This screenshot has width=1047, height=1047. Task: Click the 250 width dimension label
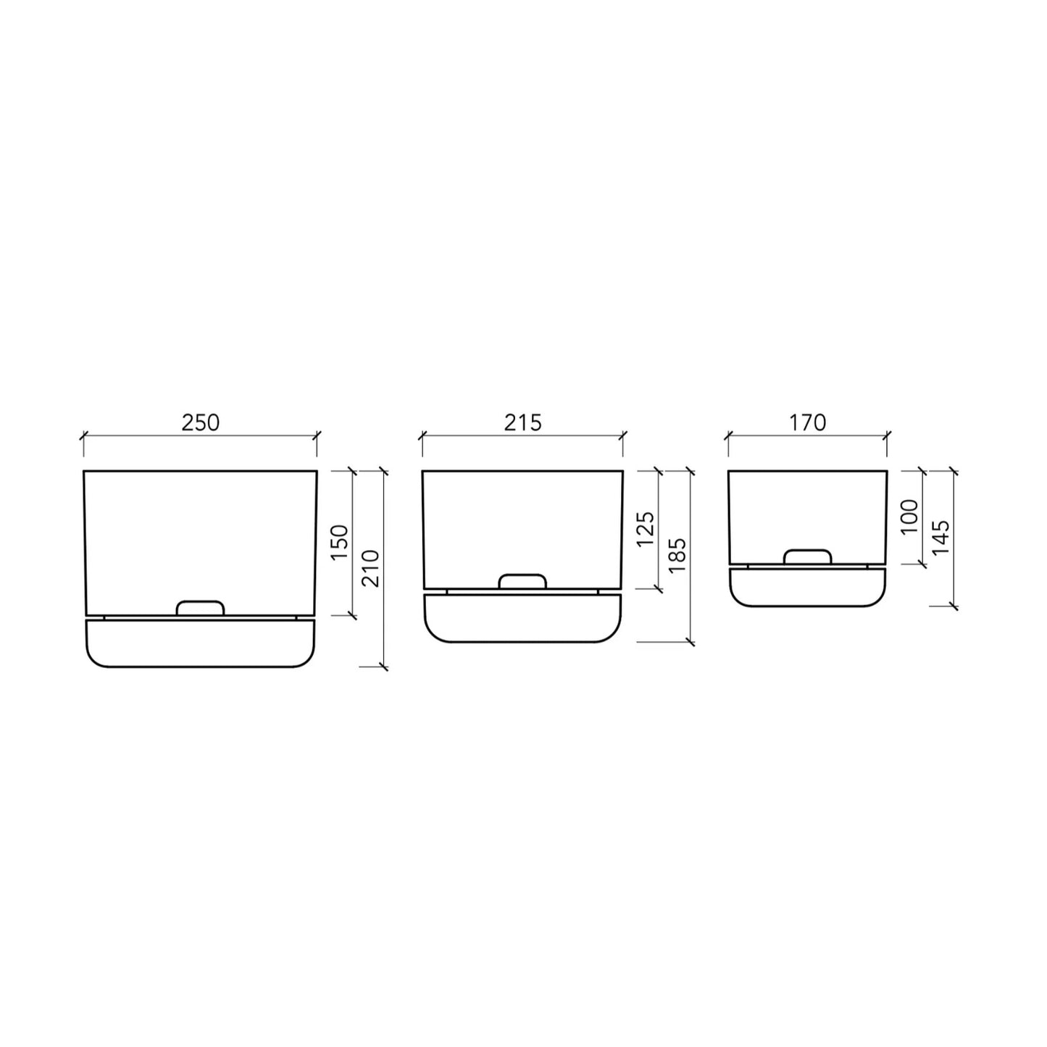(x=200, y=422)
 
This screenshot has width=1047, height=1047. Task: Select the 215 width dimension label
(x=522, y=422)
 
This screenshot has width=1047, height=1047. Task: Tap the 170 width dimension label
(x=807, y=422)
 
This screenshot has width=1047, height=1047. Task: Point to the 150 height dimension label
(x=339, y=543)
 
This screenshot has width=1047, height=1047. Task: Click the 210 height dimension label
(x=370, y=569)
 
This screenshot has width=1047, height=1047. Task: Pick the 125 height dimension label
(x=646, y=529)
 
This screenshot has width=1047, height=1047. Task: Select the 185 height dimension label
(x=677, y=555)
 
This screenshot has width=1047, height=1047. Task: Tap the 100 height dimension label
(x=909, y=517)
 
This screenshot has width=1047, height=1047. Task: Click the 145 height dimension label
(x=940, y=538)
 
